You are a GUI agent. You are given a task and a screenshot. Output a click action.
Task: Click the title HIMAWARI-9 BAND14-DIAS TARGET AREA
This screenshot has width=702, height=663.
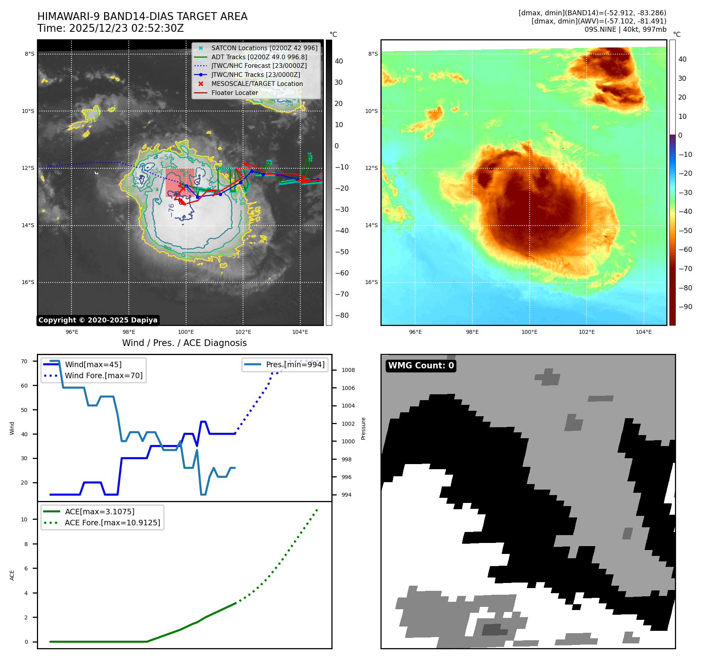[x=142, y=16]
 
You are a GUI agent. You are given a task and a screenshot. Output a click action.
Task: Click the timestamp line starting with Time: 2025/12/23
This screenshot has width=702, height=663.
[x=110, y=28]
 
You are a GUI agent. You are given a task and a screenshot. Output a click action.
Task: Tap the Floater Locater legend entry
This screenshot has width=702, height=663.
[x=234, y=93]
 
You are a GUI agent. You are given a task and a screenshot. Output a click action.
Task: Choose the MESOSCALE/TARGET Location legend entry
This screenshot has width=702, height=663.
[x=257, y=84]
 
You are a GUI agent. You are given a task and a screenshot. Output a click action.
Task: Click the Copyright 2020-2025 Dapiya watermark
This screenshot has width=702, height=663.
[x=98, y=320]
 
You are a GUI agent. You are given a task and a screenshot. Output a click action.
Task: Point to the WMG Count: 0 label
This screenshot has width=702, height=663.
[x=420, y=366]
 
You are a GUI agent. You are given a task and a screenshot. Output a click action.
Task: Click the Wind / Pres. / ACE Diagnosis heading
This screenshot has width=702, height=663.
[x=184, y=343]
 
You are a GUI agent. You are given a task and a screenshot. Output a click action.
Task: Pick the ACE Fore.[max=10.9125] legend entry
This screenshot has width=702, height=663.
[x=112, y=523]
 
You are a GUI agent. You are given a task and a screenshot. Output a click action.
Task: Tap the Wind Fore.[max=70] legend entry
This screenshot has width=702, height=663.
[x=104, y=375]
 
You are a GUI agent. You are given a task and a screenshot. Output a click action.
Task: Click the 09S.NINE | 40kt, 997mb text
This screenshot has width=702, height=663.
[x=625, y=29]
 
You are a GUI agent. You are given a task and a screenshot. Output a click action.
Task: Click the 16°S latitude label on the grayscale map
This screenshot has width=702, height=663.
[x=28, y=282]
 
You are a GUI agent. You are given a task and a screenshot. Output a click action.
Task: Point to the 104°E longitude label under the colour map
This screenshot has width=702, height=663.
[x=643, y=332]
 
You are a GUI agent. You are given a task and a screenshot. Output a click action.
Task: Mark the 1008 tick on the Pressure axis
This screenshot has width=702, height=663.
[x=348, y=370]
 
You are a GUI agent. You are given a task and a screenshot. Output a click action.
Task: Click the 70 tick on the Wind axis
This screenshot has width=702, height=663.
[x=24, y=361]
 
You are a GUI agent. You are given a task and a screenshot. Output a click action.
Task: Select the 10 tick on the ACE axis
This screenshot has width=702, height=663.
[x=24, y=519]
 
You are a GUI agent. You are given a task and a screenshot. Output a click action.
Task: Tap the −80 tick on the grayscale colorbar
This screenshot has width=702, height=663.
[x=342, y=315]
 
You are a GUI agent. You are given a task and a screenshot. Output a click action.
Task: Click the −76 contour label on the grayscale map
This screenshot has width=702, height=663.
[x=171, y=210]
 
